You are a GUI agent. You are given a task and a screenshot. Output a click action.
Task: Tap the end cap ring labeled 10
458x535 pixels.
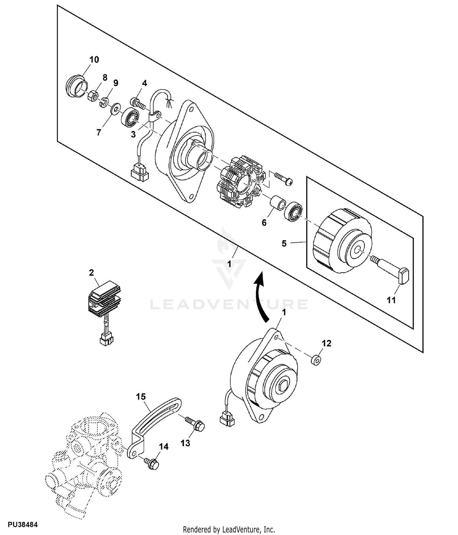tap(76, 87)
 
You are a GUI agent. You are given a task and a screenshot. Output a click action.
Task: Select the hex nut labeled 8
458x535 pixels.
tap(92, 96)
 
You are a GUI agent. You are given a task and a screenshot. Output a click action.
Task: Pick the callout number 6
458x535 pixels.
tap(264, 223)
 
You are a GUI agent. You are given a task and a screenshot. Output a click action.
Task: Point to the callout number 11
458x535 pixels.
tap(391, 300)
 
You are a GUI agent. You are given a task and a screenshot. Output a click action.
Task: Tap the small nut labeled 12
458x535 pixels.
tap(316, 360)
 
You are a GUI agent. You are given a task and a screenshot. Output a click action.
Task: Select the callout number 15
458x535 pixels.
tap(141, 397)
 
